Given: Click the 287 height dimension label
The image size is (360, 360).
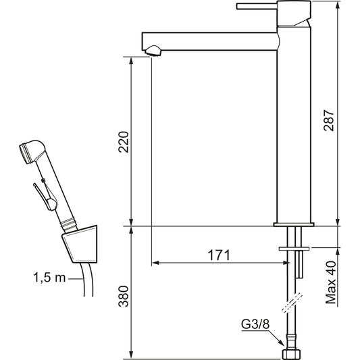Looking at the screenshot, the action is click(328, 120).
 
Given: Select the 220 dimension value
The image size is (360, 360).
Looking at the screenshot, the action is click(124, 142).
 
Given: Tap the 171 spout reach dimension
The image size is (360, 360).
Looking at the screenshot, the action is click(219, 255).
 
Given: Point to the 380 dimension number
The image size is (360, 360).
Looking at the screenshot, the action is click(124, 297).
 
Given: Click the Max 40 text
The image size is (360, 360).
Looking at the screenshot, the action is click(331, 282).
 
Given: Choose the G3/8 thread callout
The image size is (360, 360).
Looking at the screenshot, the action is click(255, 325).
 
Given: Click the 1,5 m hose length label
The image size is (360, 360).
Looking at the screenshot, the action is click(49, 278).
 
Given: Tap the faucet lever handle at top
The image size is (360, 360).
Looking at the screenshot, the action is click(257, 6).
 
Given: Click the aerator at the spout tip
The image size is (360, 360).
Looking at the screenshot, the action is click(153, 51).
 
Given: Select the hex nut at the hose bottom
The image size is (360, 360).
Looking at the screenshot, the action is click(292, 353).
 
